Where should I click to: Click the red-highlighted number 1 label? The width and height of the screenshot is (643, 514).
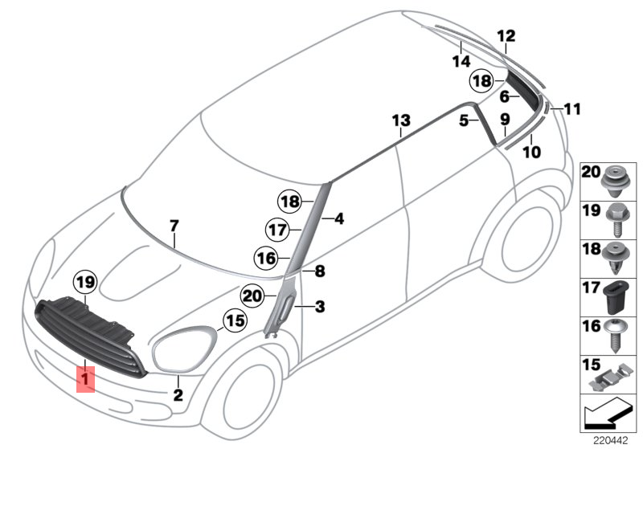pos(85,377)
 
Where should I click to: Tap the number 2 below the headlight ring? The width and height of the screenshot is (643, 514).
pos(178,394)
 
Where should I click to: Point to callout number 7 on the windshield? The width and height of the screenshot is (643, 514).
pos(174,227)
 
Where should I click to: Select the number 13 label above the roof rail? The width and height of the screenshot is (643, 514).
pos(401,121)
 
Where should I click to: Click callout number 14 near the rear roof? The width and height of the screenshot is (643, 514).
pos(461,61)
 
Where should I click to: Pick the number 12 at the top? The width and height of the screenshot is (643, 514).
pos(506,35)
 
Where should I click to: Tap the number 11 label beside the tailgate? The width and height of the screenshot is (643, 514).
pos(571,109)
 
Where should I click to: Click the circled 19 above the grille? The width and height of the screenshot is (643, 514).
pos(84,282)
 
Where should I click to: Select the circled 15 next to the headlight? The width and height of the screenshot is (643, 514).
pos(234,322)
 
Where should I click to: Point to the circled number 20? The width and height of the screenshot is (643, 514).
pos(252,296)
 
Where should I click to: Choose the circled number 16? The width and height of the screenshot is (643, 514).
pos(265,259)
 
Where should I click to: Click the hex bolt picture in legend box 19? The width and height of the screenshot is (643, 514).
pos(615,218)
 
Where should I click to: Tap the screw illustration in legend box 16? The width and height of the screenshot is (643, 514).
pos(615,333)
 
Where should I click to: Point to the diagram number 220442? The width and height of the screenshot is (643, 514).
pos(610,440)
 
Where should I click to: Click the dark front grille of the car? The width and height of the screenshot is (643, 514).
pos(92,333)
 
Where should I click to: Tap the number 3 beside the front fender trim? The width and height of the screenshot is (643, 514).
pos(319,306)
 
